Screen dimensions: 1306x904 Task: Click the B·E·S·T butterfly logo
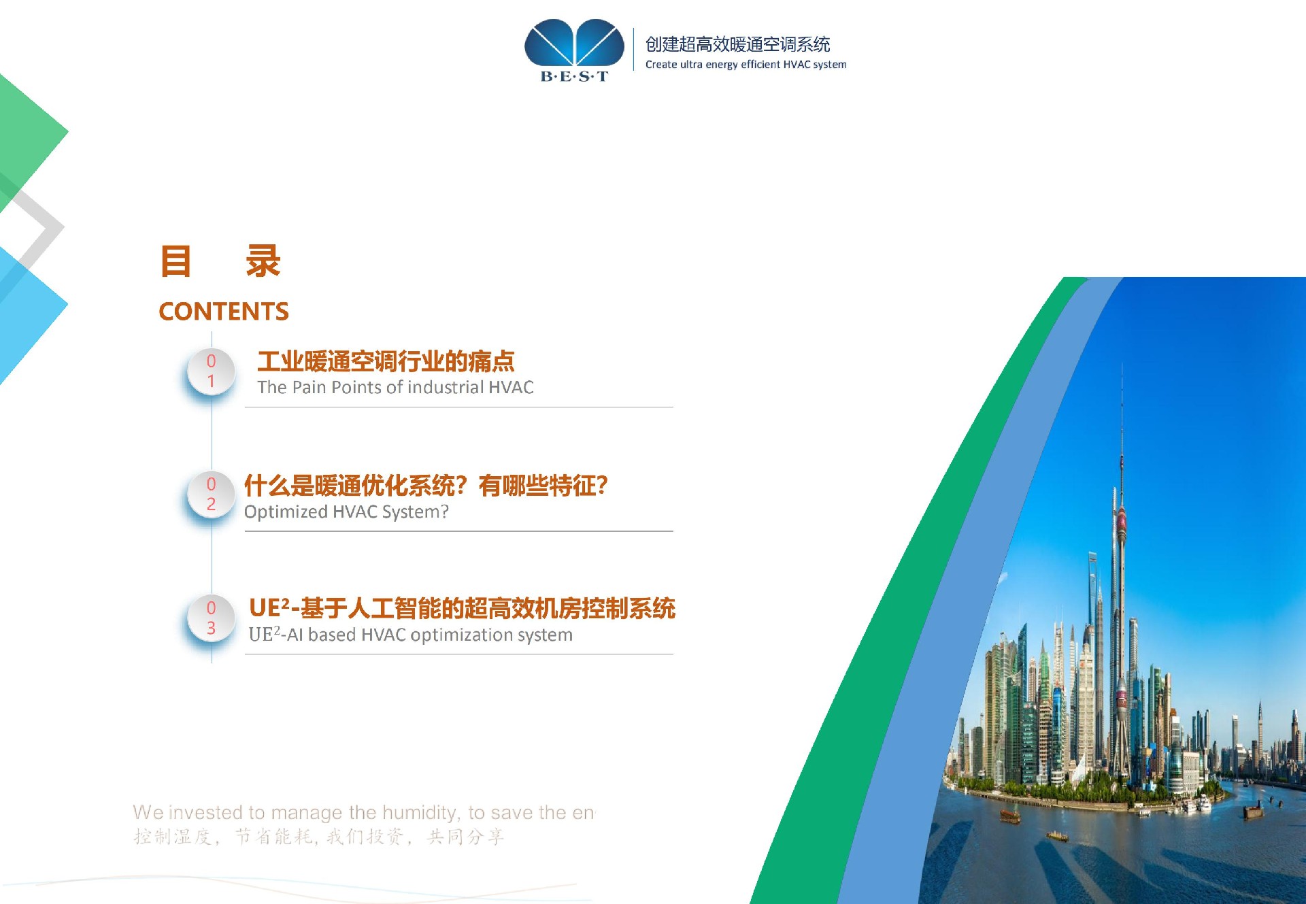574,50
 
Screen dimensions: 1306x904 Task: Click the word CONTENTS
224,312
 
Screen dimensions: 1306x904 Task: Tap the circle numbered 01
211,371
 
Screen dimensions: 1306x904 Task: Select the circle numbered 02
211,495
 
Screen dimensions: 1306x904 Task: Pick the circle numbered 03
211,618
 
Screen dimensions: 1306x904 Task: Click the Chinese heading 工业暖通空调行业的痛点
386,361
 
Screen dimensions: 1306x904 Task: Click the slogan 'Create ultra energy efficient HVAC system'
746,65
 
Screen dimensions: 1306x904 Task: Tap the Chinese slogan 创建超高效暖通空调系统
737,44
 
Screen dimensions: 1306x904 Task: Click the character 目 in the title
176,261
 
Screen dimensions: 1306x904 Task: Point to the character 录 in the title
263,261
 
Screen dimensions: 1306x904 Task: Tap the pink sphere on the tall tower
1122,522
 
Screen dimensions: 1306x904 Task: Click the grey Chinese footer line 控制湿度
318,837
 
